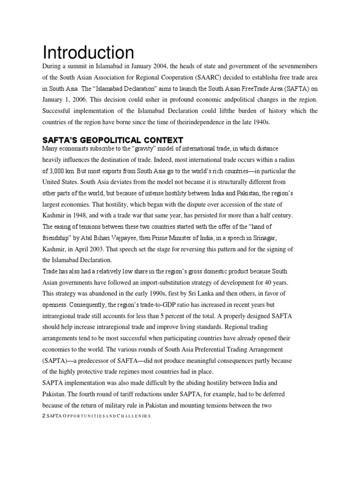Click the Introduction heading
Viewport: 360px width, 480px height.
pyautogui.click(x=88, y=52)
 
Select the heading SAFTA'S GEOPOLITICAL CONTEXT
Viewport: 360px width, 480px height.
pyautogui.click(x=112, y=140)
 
